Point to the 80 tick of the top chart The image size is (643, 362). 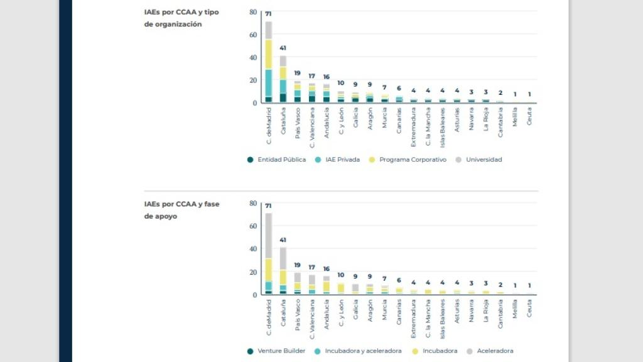[x=253, y=12]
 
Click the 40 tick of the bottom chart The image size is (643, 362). [x=253, y=249]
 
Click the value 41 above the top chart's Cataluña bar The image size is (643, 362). [x=283, y=48]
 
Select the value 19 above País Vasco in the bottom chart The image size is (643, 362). [x=298, y=265]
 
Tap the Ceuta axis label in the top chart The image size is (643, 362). [x=529, y=117]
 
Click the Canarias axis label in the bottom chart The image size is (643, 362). [x=399, y=309]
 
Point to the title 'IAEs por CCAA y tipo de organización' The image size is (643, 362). [x=173, y=18]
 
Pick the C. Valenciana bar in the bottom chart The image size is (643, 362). [x=312, y=284]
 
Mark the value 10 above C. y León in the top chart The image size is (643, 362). [x=341, y=83]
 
